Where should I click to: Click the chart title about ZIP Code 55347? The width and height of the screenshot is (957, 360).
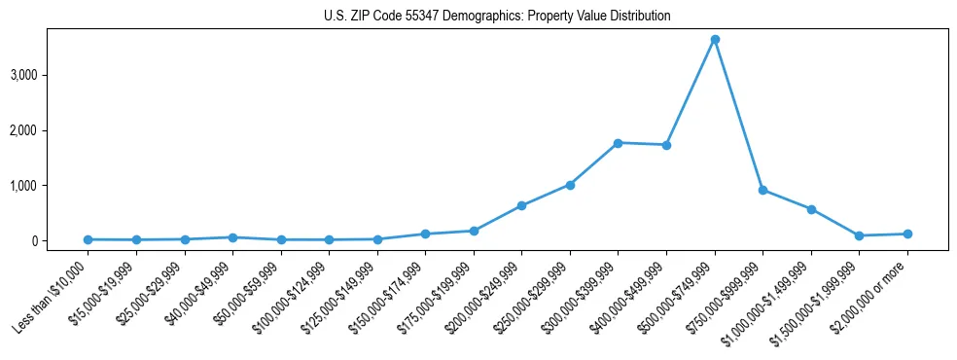(x=497, y=16)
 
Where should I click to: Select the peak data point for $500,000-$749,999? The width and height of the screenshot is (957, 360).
(x=715, y=40)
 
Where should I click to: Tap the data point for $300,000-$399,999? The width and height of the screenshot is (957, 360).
(x=619, y=143)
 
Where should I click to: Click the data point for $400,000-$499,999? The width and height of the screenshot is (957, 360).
(x=666, y=145)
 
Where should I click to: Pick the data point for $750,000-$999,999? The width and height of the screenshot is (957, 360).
(x=763, y=190)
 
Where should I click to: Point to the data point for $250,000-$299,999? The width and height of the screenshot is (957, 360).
(x=570, y=185)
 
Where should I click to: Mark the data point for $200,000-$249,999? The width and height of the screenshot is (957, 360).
(x=522, y=205)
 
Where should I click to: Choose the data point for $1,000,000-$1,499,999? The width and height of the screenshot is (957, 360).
(x=811, y=209)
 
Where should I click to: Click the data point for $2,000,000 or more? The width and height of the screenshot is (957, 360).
(x=907, y=234)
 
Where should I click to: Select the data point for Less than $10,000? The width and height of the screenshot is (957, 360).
(x=89, y=239)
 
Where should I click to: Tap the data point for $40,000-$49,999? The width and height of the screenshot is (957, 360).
(x=232, y=237)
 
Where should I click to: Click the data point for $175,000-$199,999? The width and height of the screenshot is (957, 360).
(x=474, y=231)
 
